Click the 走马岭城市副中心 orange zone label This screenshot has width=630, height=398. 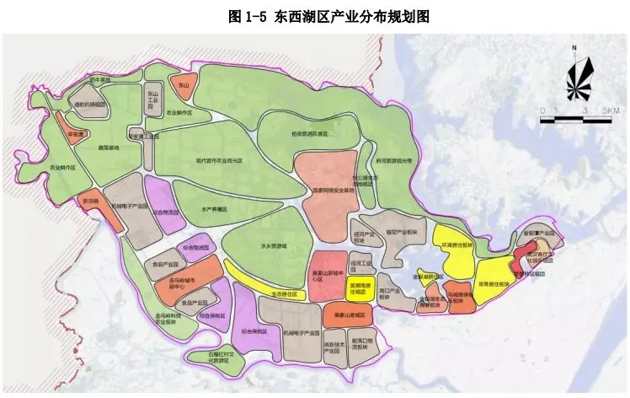click(176, 282)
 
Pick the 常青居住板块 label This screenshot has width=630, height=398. click(494, 284)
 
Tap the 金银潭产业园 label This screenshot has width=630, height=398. click(539, 232)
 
